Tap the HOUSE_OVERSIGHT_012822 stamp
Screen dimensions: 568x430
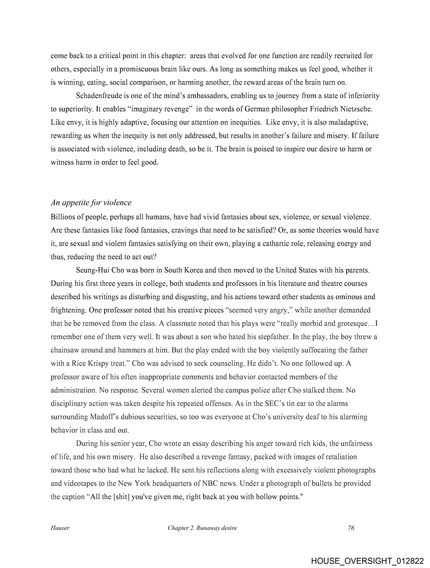coord(367,561)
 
